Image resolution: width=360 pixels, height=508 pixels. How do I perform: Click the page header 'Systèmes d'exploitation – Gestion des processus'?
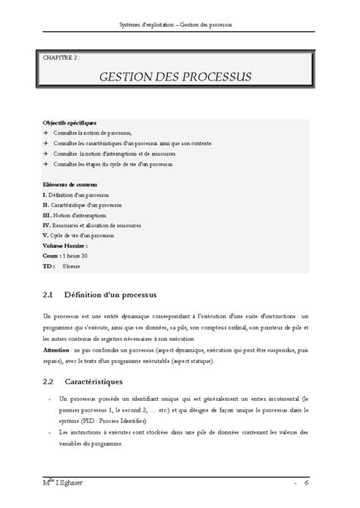pyautogui.click(x=181, y=24)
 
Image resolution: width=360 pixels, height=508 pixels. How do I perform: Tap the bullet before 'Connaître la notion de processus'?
pyautogui.click(x=47, y=132)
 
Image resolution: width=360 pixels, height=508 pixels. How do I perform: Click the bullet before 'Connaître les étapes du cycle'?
pyautogui.click(x=47, y=163)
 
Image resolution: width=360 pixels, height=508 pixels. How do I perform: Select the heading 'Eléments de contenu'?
pyautogui.click(x=69, y=185)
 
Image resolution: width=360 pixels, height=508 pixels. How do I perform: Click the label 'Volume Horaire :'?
pyautogui.click(x=65, y=246)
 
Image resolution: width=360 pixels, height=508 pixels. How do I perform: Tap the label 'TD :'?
pyautogui.click(x=49, y=267)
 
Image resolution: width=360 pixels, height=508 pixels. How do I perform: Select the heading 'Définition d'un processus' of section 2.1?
pyautogui.click(x=113, y=293)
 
